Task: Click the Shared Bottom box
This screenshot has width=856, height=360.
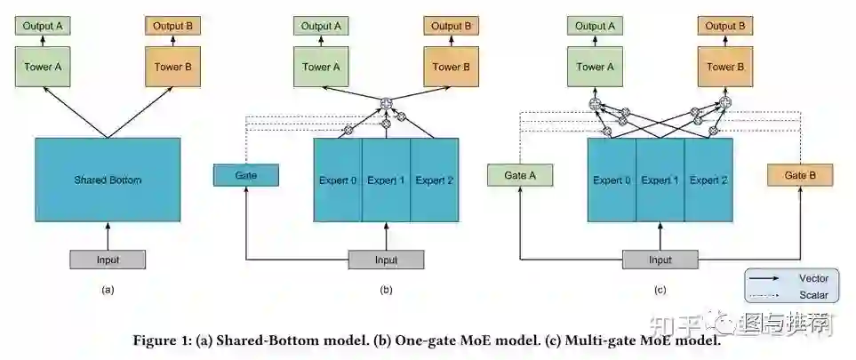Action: tap(108, 180)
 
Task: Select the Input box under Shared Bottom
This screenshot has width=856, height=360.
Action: tap(108, 260)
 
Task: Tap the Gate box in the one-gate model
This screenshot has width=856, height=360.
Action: tap(245, 176)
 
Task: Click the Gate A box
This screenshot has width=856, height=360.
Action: tap(519, 176)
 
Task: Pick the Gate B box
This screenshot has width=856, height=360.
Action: tap(800, 176)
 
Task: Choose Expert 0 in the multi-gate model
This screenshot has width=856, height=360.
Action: tap(612, 180)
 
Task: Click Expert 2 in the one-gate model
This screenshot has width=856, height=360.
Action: tap(434, 180)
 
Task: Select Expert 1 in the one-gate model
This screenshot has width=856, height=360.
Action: tap(386, 180)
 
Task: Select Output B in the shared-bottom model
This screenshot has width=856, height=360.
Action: tap(173, 27)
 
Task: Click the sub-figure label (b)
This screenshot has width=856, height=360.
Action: tap(386, 289)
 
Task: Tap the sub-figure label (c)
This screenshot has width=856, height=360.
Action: tap(660, 289)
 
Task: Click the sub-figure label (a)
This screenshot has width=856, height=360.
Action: tap(108, 289)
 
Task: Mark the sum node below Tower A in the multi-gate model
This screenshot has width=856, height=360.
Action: tap(596, 103)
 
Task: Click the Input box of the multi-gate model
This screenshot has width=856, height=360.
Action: tap(660, 260)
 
